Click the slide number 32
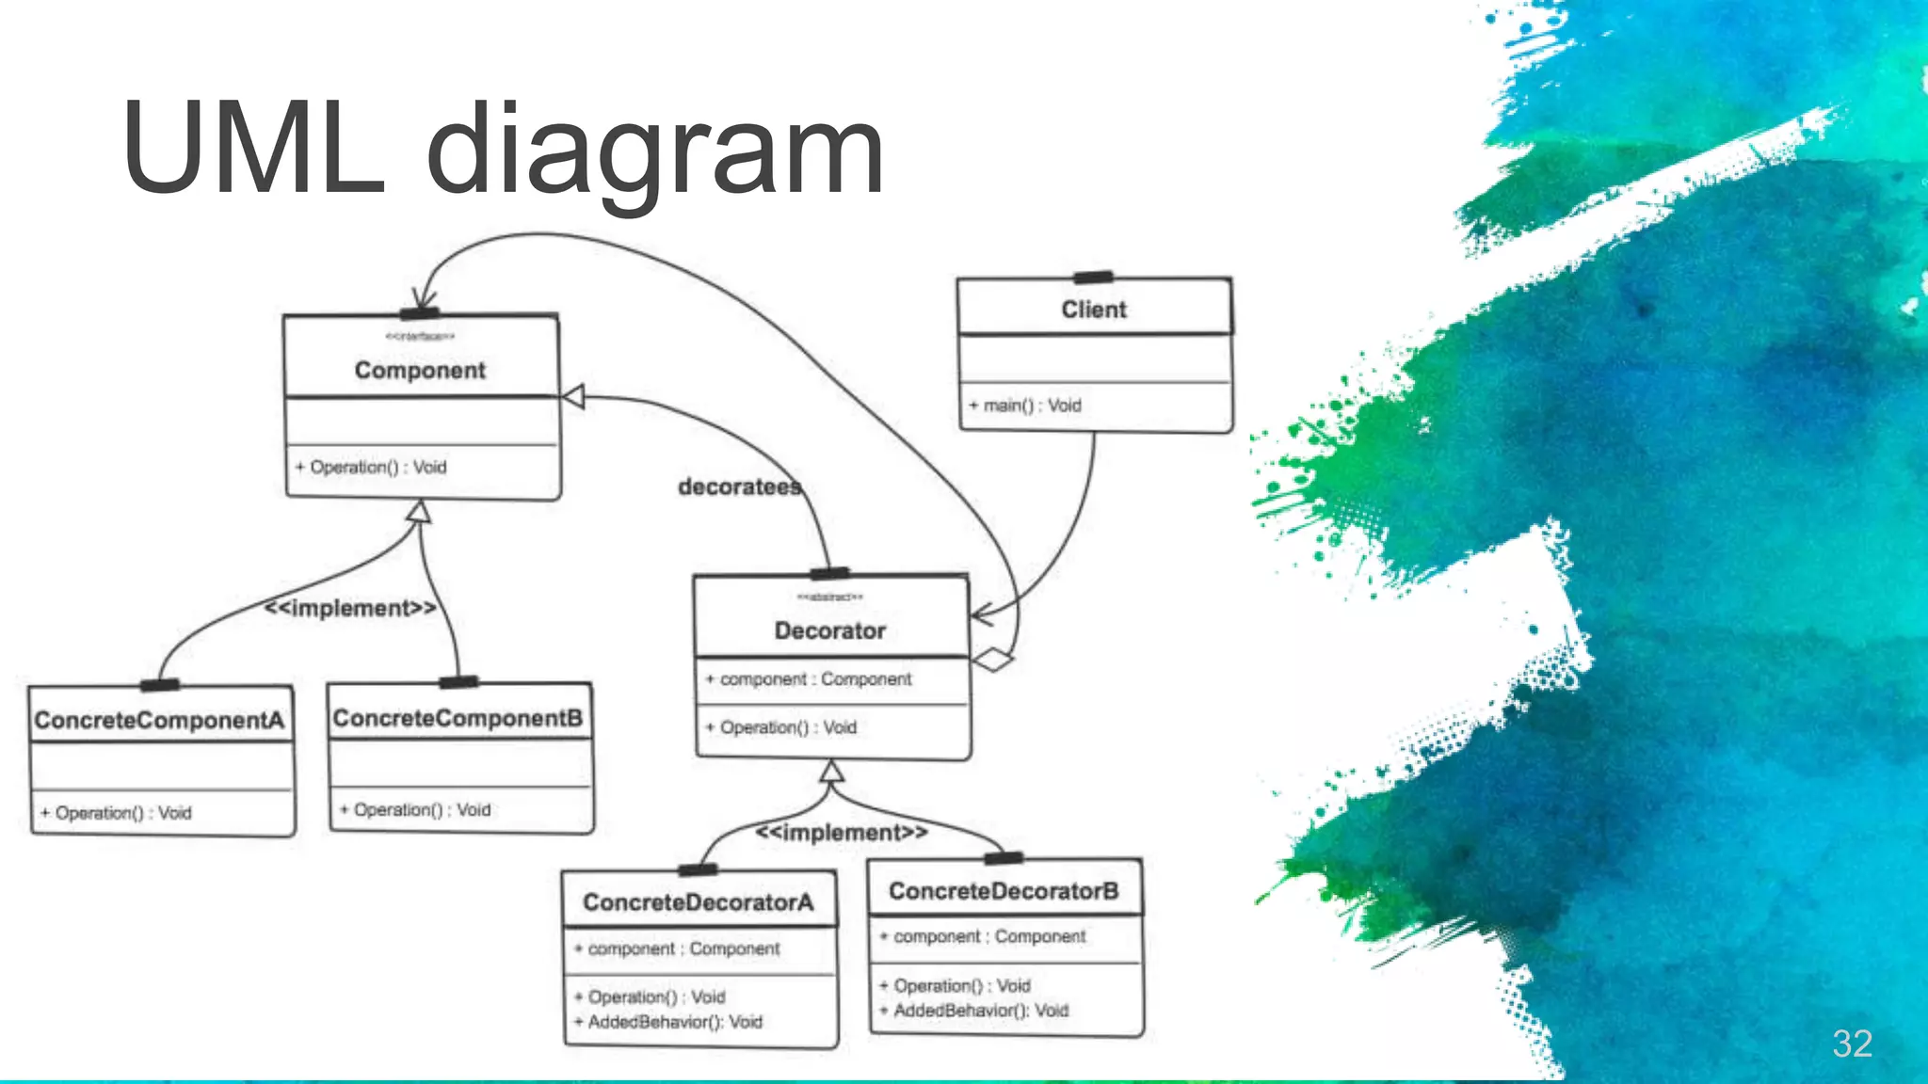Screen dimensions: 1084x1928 (x=1851, y=1044)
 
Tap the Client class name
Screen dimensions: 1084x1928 (x=1093, y=310)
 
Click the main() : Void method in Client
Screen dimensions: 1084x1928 (x=1026, y=406)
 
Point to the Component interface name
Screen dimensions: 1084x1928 (x=420, y=370)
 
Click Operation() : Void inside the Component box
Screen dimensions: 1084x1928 (x=371, y=467)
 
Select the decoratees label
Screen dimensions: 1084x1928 (x=740, y=486)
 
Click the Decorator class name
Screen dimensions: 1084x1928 (x=829, y=630)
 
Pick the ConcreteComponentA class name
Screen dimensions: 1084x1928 (x=159, y=720)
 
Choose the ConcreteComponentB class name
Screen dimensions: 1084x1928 (x=458, y=718)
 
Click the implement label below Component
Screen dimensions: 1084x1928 (x=350, y=608)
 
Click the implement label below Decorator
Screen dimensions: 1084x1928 (x=841, y=833)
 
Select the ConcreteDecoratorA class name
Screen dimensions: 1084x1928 (x=698, y=902)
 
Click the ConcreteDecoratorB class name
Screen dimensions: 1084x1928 (x=1004, y=891)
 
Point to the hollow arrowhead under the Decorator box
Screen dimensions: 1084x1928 (x=830, y=773)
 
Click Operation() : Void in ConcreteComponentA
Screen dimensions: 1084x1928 (x=116, y=813)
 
